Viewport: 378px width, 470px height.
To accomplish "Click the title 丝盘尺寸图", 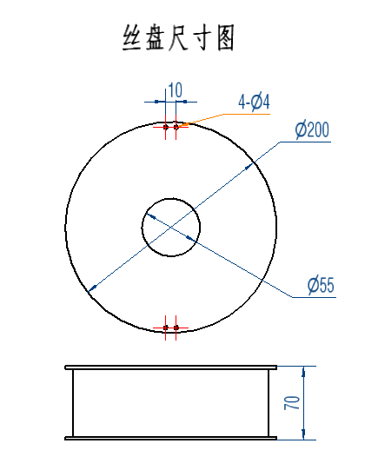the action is coord(178,38).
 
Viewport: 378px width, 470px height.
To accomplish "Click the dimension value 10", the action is coord(175,90).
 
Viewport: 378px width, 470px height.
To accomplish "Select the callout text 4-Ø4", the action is coord(254,102).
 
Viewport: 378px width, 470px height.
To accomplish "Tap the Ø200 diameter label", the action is coord(312,129).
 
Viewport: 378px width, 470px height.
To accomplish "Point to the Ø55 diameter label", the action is coord(321,285).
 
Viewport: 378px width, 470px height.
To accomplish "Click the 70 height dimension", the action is coord(292,402).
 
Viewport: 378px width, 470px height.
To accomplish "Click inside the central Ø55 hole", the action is coord(171,227).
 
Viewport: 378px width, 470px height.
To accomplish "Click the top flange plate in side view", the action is coord(171,367).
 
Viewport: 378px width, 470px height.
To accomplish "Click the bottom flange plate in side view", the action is coord(171,438).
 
